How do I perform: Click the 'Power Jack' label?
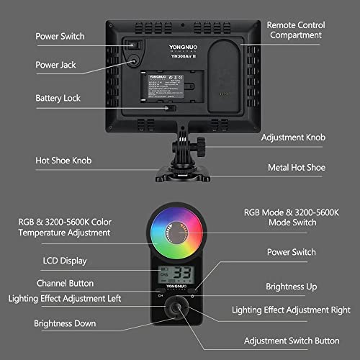point(55,65)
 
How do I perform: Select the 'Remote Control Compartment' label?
point(296,30)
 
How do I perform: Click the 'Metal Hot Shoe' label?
point(297,168)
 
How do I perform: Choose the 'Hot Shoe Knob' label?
point(63,160)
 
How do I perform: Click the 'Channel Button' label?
point(65,283)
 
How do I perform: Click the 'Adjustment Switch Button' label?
point(291,341)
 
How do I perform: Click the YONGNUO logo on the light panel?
point(164,53)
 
